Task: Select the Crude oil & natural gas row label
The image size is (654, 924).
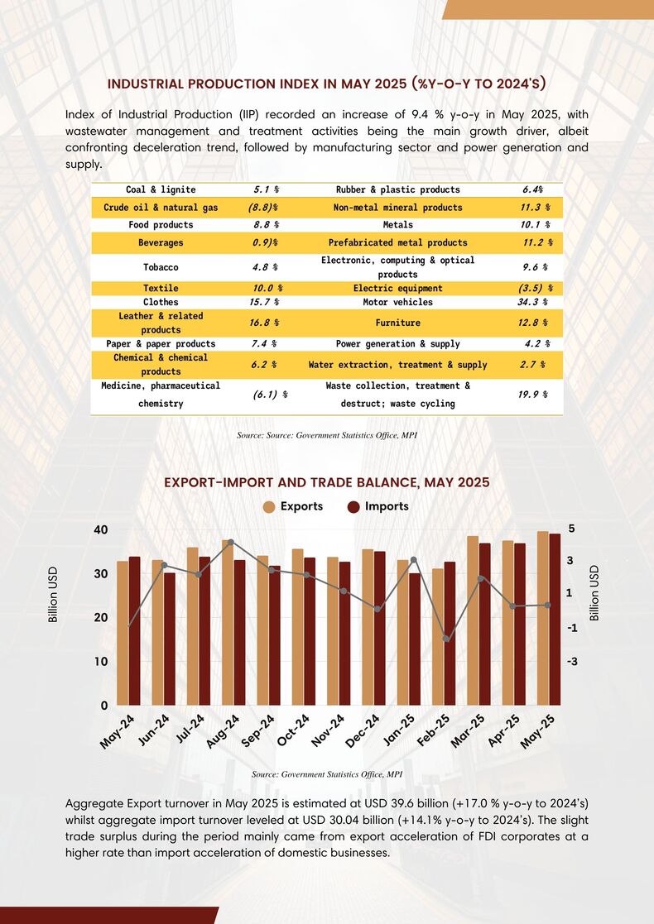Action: [161, 208]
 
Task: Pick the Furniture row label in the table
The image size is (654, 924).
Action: [398, 323]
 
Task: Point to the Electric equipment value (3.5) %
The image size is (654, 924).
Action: [534, 288]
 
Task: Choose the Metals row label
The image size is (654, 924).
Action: [398, 224]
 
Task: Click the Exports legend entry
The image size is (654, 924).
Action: [293, 507]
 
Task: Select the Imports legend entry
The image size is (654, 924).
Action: [378, 507]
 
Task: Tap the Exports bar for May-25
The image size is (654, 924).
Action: [542, 618]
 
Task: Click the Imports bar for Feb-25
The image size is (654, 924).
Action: [450, 634]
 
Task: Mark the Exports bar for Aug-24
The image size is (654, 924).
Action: [228, 622]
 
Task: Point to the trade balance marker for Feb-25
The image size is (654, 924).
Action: [446, 639]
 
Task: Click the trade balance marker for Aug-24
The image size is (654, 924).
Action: [231, 542]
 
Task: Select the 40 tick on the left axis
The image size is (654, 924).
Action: [101, 529]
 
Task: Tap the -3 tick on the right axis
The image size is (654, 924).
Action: [573, 662]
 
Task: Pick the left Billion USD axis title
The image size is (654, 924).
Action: [53, 595]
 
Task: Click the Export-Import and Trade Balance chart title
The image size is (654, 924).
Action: [327, 482]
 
